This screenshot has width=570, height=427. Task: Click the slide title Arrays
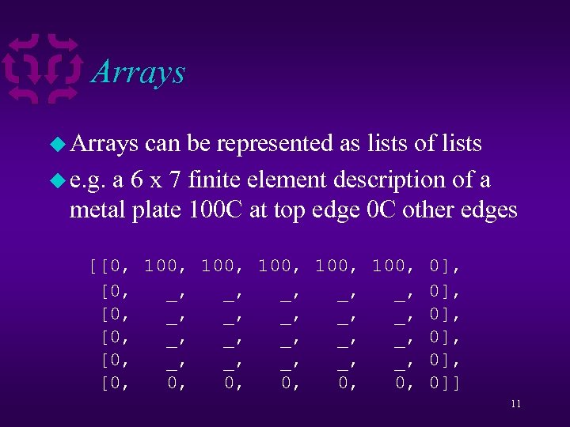[x=139, y=72]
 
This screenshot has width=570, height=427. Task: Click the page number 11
[x=515, y=404]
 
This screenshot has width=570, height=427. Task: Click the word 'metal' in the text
[x=97, y=210]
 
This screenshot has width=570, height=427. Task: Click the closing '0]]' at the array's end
[x=444, y=385]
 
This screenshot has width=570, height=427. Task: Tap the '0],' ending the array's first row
[x=444, y=266]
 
